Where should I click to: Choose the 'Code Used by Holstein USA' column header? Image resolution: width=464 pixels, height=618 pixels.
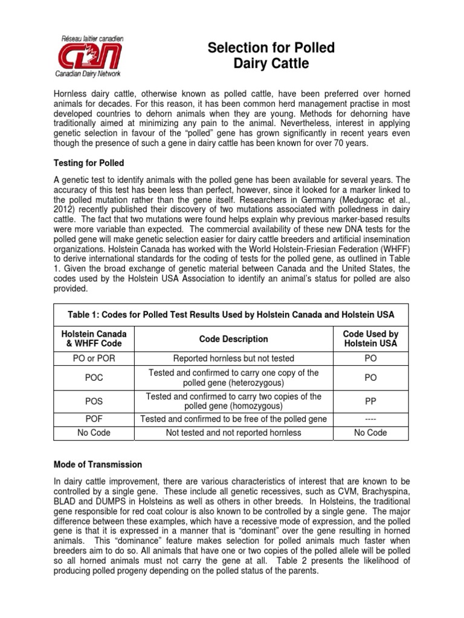click(x=370, y=339)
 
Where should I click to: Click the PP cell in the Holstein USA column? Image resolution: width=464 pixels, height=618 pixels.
click(x=370, y=401)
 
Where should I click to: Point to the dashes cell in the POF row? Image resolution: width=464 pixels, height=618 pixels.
click(x=370, y=419)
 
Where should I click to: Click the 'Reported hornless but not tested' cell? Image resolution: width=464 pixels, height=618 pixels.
click(x=233, y=359)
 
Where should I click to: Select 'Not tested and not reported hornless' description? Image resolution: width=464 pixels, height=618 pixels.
click(x=233, y=433)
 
